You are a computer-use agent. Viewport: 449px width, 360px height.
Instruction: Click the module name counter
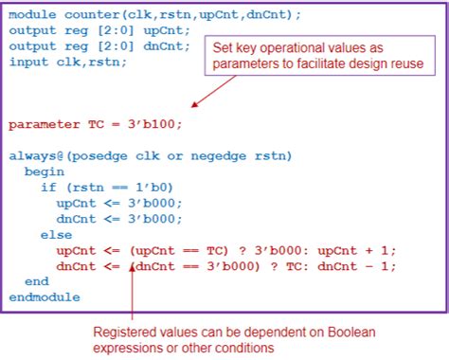pos(90,15)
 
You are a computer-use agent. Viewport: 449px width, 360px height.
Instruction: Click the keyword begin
pos(45,171)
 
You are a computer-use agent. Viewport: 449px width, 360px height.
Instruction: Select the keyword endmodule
pos(46,297)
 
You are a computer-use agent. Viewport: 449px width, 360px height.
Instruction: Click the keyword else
pos(56,234)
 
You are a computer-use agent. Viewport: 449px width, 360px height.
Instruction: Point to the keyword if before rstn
pos(47,187)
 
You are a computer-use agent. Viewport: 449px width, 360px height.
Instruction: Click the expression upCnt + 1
pos(357,250)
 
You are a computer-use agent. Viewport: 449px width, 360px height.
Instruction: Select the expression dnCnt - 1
pos(357,265)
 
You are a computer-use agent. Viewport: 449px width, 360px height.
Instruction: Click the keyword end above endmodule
pos(37,281)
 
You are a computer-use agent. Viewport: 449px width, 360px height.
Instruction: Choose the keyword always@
pos(34,155)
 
